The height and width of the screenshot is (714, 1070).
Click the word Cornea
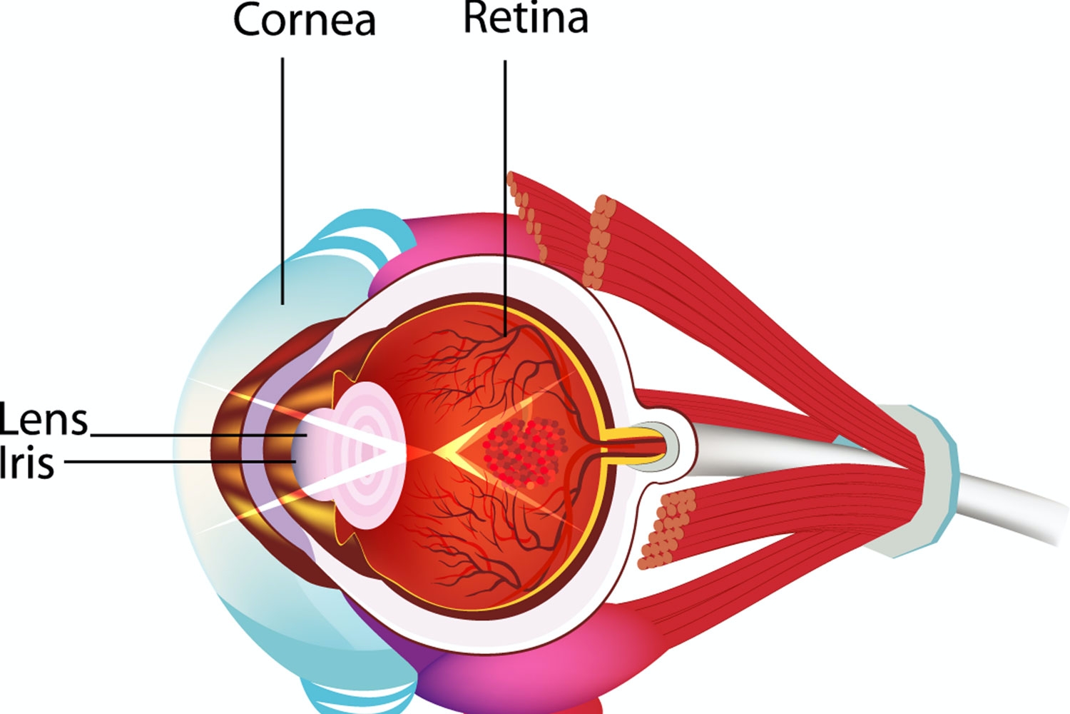point(305,20)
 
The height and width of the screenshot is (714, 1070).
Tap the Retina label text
point(526,18)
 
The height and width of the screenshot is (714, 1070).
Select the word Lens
point(44,420)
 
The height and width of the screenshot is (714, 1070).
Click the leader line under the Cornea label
point(282,178)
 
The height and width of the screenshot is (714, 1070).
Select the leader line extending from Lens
point(193,434)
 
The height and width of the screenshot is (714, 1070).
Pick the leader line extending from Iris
point(178,461)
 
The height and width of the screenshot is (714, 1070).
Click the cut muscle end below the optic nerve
point(667,528)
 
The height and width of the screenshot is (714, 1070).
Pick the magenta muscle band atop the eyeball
point(457,236)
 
